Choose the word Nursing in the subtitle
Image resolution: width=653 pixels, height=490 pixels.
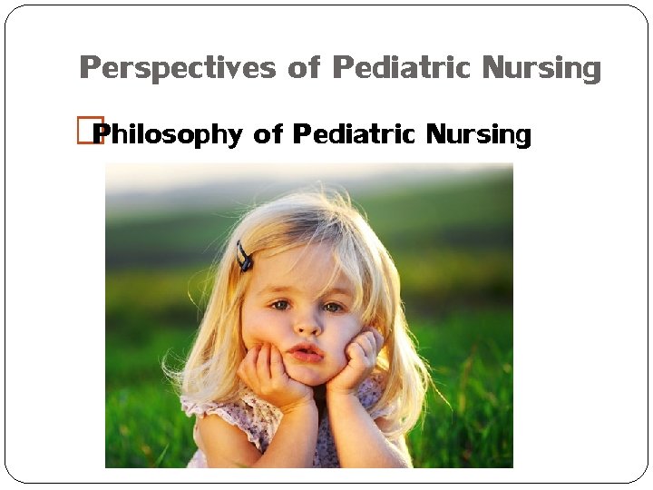pyautogui.click(x=479, y=136)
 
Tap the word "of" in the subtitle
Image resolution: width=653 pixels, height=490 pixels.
pyautogui.click(x=268, y=135)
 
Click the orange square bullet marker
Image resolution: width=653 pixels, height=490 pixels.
pyautogui.click(x=91, y=132)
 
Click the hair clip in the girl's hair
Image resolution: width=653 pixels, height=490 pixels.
pyautogui.click(x=244, y=257)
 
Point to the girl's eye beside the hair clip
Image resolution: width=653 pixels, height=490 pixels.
pyautogui.click(x=281, y=305)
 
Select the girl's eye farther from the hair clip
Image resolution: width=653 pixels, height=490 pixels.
pyautogui.click(x=335, y=308)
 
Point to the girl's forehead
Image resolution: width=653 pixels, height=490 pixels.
pyautogui.click(x=304, y=268)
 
